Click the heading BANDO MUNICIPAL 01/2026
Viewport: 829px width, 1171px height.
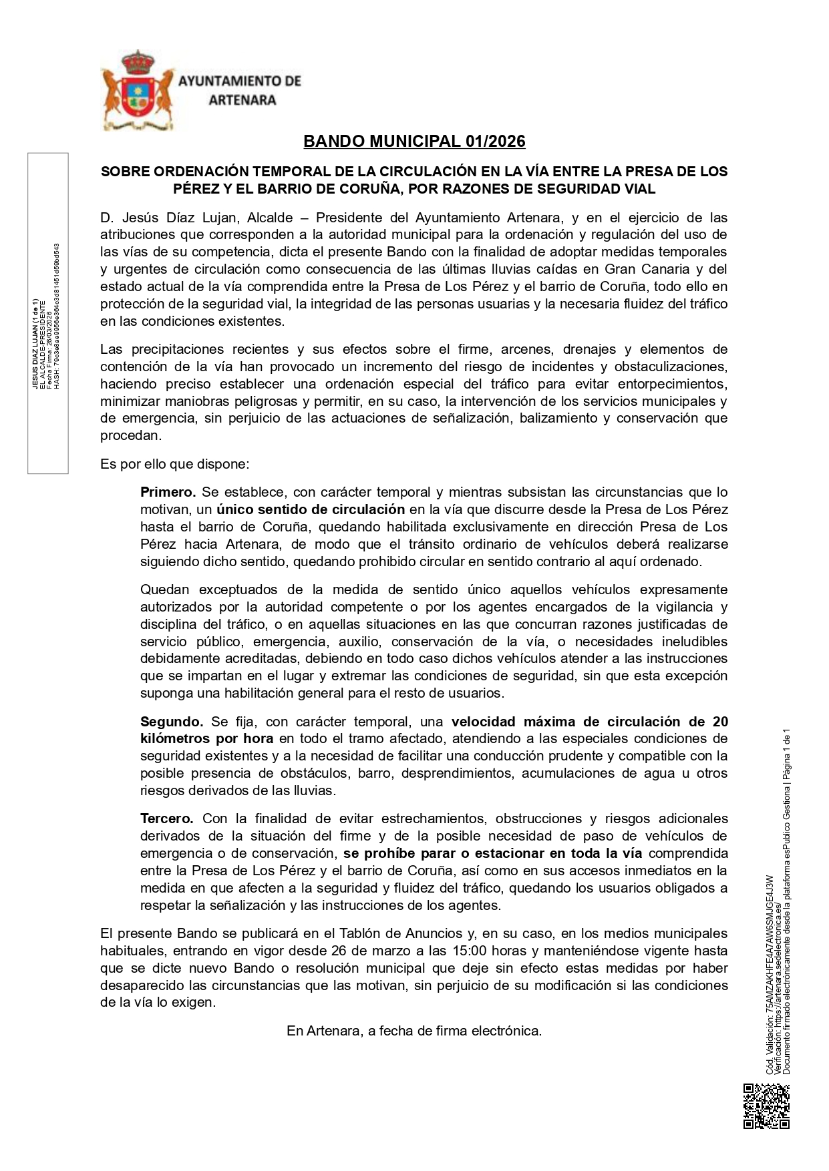click(414, 142)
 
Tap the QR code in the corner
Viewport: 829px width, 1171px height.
click(766, 1106)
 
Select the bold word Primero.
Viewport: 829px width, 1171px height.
click(168, 493)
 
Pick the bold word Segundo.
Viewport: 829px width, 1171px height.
click(172, 722)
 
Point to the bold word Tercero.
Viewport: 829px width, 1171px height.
click(167, 818)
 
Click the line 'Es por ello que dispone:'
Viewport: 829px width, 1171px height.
click(174, 464)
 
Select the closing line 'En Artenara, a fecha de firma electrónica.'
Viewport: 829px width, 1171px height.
click(414, 1031)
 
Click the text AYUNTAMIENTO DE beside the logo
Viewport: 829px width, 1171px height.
click(240, 81)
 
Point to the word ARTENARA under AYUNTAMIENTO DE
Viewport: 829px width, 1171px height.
click(242, 100)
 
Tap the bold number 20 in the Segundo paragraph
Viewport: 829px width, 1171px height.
click(720, 722)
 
